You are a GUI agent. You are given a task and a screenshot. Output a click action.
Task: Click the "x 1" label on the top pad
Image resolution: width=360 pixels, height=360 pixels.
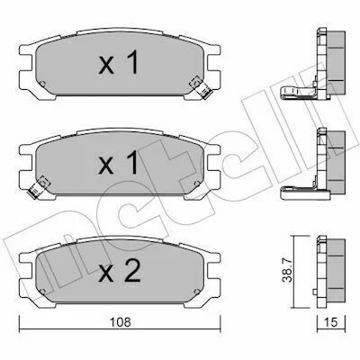pos(118,62)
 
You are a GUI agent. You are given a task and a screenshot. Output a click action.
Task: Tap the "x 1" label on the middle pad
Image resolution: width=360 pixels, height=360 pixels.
pos(118,162)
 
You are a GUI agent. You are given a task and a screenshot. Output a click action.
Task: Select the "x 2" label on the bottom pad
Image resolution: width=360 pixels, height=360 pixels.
pos(120,270)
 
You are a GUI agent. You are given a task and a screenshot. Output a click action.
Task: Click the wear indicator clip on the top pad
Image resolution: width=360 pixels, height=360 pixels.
pos(202,87)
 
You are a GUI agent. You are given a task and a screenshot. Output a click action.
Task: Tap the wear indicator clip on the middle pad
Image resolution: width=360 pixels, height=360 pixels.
pos(39,186)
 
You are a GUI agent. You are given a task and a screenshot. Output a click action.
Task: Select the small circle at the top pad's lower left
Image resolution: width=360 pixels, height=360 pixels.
pos(42,83)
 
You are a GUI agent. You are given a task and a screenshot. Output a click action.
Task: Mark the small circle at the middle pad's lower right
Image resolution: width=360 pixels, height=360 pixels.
pos(197,183)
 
